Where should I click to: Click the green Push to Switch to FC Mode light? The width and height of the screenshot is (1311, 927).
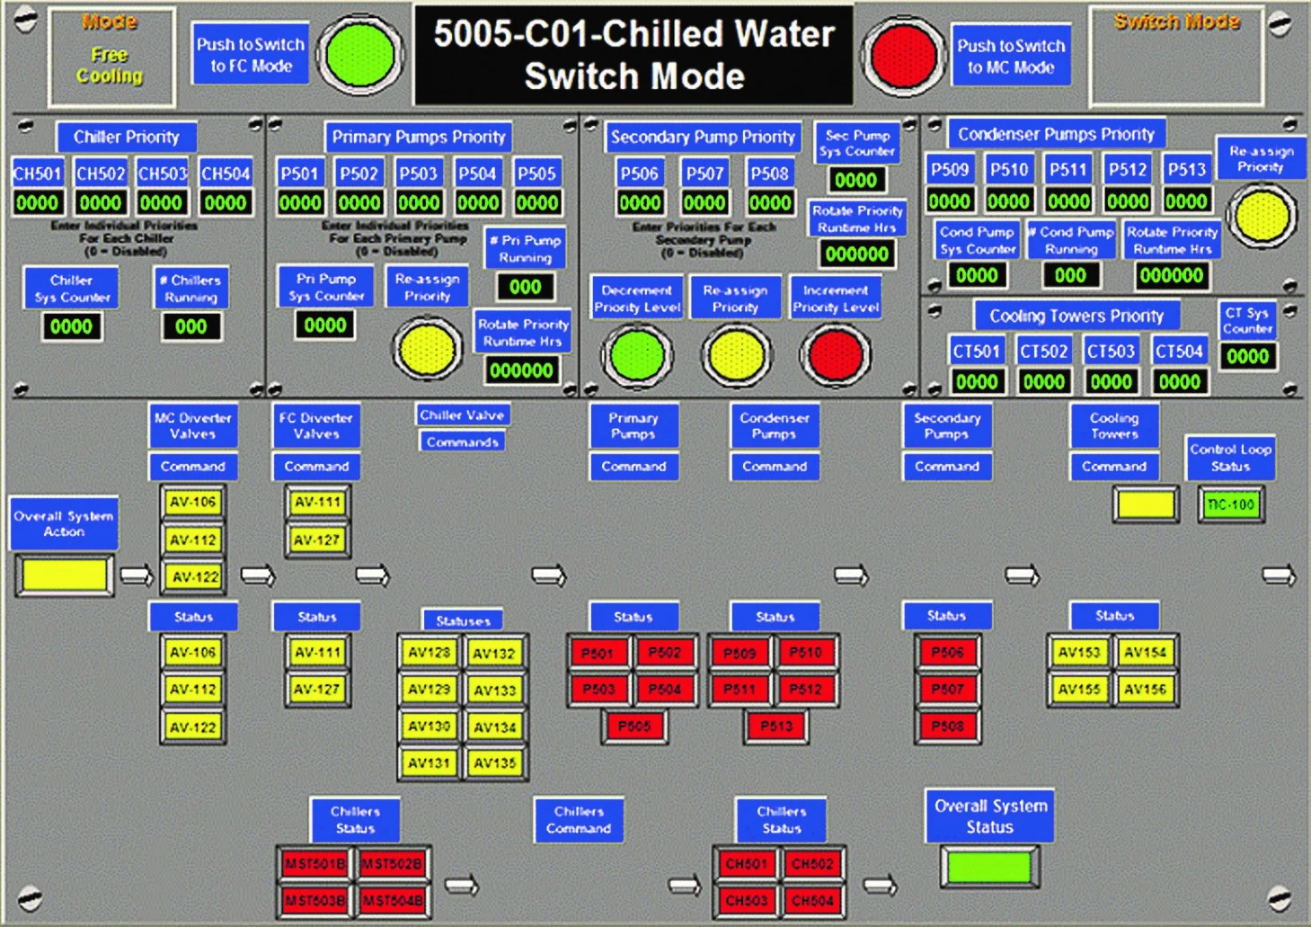(359, 55)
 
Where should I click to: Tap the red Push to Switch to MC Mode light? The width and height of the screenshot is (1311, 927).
(903, 55)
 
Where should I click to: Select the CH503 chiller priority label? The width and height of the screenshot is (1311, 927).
(162, 174)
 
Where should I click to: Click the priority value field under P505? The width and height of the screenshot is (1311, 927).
(537, 203)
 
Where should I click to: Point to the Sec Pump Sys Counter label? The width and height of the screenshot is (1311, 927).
(857, 143)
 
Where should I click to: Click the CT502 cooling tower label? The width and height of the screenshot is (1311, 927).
(1043, 352)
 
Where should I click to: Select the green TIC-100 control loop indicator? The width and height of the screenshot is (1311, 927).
(1230, 504)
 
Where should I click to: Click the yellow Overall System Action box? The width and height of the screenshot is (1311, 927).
(65, 575)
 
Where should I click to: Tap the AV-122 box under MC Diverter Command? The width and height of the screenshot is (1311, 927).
(194, 577)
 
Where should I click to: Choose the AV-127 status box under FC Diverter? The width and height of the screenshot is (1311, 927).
(317, 690)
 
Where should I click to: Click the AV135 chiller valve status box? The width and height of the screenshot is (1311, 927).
(494, 763)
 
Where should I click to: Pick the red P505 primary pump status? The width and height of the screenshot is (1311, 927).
(634, 726)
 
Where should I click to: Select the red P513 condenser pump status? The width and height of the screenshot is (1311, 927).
(776, 726)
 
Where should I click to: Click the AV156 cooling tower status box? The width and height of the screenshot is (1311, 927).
(1145, 690)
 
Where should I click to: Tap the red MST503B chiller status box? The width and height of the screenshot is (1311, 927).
(315, 900)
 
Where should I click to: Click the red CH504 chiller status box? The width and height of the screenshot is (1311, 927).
(812, 900)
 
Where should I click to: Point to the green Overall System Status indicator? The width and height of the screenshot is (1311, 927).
(988, 868)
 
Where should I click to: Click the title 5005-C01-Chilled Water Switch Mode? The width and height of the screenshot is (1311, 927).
(633, 55)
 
